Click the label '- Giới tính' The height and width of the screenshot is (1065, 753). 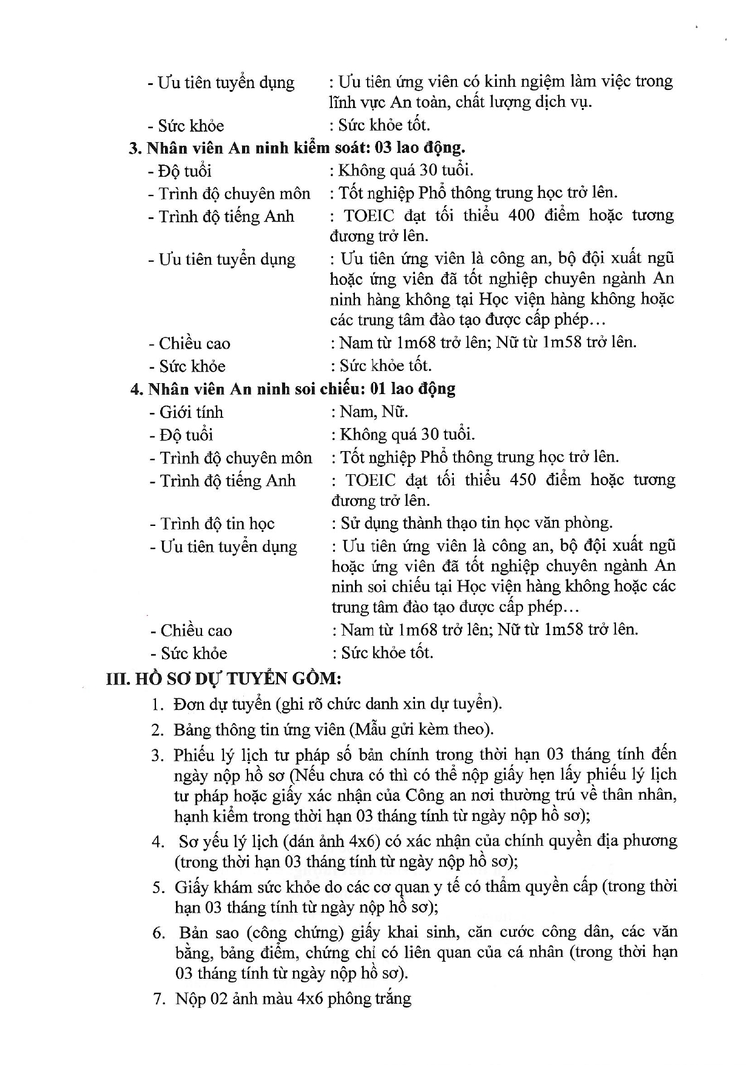click(186, 413)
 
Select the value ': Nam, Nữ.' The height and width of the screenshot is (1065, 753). click(370, 412)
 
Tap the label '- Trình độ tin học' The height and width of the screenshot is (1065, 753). click(212, 524)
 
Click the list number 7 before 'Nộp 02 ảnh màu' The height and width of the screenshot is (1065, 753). click(159, 999)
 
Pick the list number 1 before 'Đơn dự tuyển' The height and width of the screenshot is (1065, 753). click(158, 705)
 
